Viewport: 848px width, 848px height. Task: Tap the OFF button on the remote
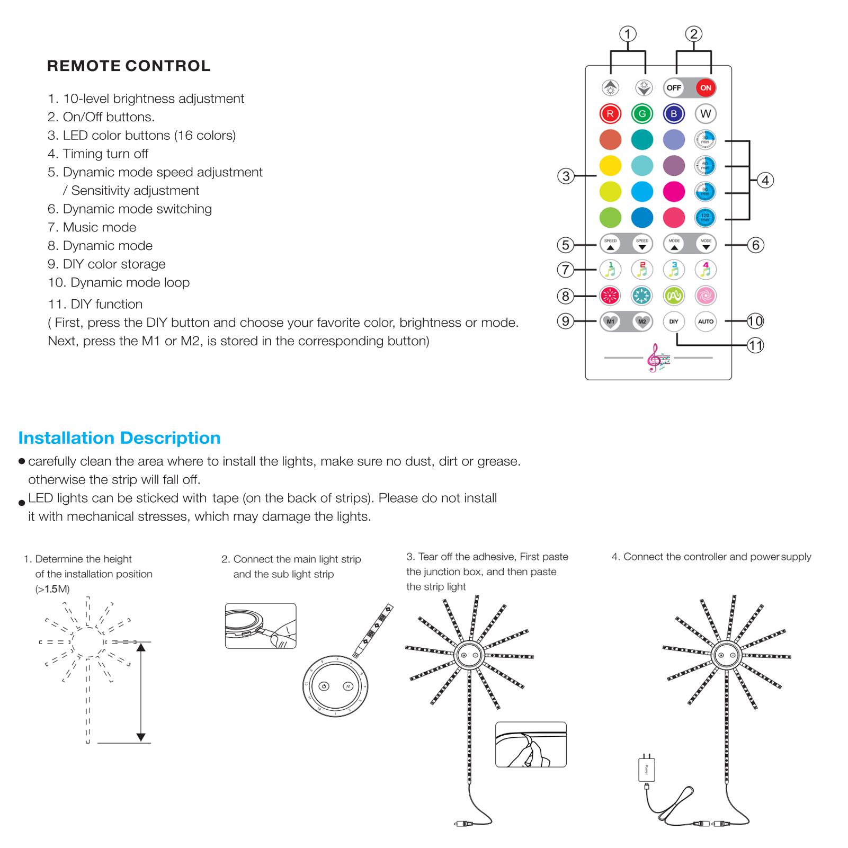(674, 88)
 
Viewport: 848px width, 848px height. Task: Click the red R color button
(610, 113)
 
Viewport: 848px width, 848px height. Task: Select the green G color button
(642, 113)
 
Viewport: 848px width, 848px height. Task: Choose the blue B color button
(674, 113)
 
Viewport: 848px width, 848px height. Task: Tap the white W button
(706, 113)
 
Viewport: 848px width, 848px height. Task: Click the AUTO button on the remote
(706, 322)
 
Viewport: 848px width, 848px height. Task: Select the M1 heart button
(611, 322)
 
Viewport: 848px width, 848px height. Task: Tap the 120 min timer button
(705, 217)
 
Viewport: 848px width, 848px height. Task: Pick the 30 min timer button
(705, 140)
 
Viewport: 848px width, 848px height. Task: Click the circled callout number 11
(755, 346)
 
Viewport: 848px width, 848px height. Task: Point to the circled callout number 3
(566, 176)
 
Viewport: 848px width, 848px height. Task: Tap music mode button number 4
(706, 270)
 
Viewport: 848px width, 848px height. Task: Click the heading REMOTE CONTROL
(129, 66)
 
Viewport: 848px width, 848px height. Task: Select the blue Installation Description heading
(119, 438)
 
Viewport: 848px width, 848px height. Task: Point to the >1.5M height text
(52, 589)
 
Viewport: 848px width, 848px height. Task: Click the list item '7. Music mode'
(92, 227)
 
